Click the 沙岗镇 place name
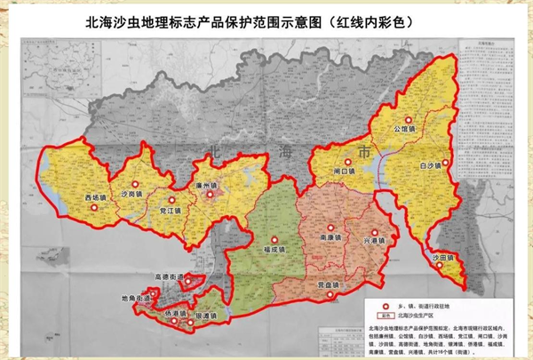(x=131, y=193)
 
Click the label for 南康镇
(x=330, y=240)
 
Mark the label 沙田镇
(x=442, y=258)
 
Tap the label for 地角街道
(x=137, y=300)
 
